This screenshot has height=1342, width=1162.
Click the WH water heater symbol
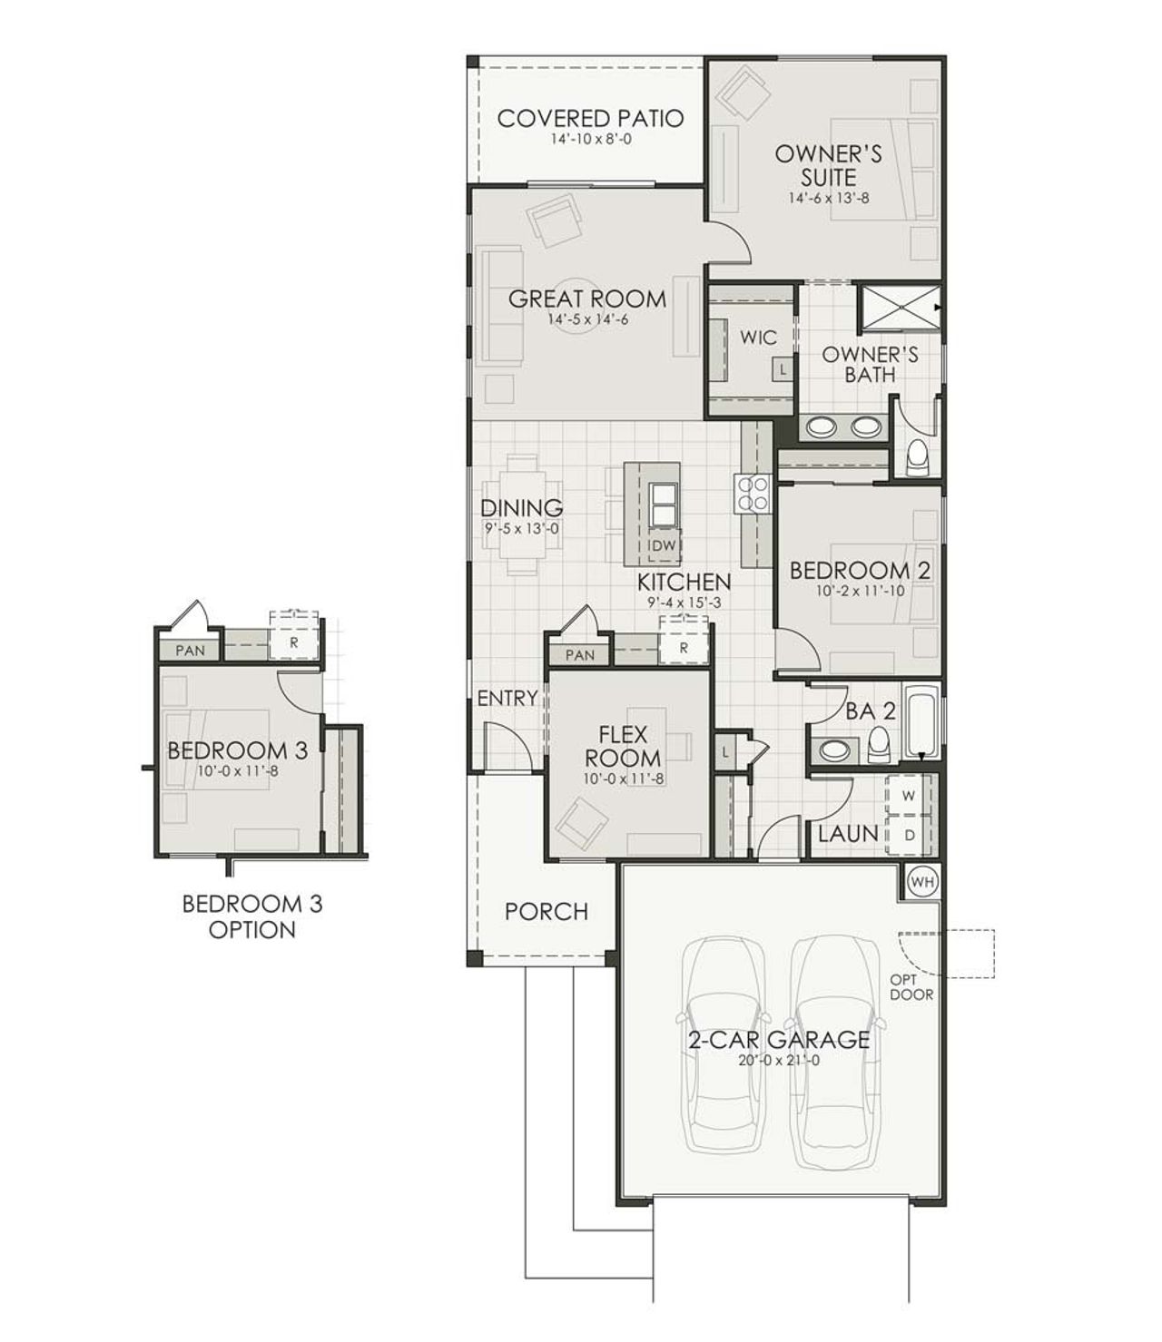pos(921,880)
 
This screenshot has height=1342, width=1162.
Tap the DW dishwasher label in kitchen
pos(665,545)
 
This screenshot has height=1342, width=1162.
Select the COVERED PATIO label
pos(590,119)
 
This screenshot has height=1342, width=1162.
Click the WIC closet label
pos(758,338)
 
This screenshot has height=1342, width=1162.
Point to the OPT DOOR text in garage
pos(911,986)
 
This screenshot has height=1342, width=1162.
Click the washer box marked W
pos(909,795)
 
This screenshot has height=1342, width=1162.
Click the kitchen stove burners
pos(753,495)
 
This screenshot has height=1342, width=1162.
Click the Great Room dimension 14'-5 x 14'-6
pos(587,319)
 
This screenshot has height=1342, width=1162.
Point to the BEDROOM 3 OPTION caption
pos(252,916)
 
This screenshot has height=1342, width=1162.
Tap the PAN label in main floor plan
pos(579,655)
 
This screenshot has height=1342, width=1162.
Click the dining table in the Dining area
pos(522,514)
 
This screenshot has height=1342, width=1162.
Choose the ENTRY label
pos(507,698)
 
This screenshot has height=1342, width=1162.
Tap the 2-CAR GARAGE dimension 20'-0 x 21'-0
pos(778,1060)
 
